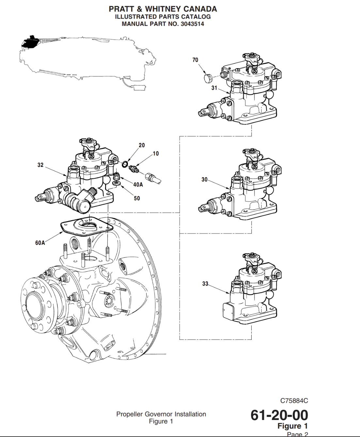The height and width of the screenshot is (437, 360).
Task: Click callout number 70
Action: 195,60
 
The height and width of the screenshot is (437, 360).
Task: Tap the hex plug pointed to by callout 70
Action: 208,78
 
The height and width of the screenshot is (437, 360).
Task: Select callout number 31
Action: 214,88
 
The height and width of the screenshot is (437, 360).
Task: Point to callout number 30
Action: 204,180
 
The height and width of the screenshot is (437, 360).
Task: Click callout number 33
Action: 205,284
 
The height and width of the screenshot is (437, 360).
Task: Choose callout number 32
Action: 40,165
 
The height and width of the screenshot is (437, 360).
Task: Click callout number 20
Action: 142,145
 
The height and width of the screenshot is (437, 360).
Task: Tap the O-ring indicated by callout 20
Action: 125,164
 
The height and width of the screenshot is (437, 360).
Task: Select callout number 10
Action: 156,154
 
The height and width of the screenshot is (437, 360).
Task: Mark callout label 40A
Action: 138,185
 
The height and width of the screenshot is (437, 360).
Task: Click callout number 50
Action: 137,198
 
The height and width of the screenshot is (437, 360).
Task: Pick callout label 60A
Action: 40,243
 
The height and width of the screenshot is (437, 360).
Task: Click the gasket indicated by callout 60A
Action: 86,226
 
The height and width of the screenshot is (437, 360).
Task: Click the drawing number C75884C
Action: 294,401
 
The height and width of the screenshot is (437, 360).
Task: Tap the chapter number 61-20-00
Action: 279,415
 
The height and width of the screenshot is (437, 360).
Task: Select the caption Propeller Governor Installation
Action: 161,414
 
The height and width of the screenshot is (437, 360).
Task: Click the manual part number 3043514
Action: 192,24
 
